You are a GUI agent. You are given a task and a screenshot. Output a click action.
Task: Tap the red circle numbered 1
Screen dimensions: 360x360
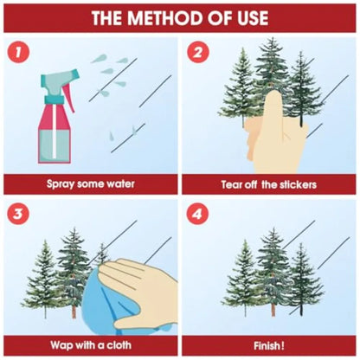[19, 52]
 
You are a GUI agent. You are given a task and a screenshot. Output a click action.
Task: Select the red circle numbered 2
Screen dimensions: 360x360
[197, 52]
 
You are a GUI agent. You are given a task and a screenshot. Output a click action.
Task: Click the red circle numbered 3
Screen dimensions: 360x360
[18, 214]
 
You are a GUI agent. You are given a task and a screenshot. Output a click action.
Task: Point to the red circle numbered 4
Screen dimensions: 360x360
[197, 215]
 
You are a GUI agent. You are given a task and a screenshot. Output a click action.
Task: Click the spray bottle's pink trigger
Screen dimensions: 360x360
[68, 97]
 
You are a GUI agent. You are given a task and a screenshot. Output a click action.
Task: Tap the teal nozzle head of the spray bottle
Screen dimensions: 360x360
[59, 80]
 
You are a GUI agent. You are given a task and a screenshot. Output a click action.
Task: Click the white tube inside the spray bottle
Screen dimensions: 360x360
[55, 131]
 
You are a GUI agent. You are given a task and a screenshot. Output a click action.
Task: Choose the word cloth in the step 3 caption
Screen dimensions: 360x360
[119, 344]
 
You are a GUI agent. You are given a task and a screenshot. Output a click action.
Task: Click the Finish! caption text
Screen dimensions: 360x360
[269, 345]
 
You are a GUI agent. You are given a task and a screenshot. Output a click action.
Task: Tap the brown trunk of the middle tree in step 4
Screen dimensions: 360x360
[273, 309]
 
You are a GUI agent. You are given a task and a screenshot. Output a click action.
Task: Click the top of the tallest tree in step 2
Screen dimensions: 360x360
[271, 38]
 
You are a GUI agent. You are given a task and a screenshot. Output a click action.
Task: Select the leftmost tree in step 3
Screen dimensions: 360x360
[45, 279]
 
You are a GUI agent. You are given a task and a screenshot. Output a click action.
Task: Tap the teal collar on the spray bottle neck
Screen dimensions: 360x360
[54, 100]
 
